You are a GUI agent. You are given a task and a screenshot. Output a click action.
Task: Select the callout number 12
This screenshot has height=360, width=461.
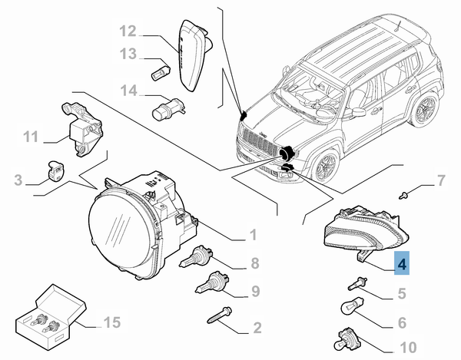point(128,32)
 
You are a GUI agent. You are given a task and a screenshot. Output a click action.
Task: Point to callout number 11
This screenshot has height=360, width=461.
point(30,137)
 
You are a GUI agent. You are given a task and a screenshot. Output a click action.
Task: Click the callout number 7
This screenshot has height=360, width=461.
point(440,181)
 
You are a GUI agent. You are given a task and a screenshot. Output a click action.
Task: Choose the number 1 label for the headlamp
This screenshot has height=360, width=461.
point(252,234)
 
